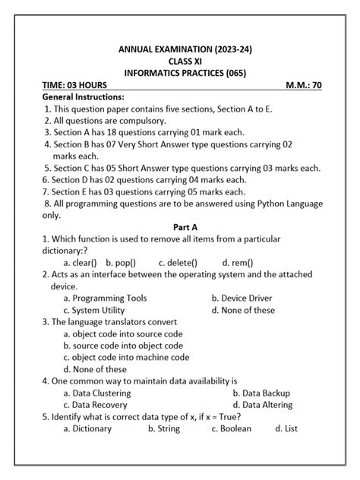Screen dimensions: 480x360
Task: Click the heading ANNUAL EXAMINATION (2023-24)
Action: click(185, 49)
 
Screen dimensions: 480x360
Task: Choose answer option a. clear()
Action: click(82, 263)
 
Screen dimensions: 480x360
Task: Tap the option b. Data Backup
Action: click(261, 393)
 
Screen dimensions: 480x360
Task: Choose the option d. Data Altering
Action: click(263, 405)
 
